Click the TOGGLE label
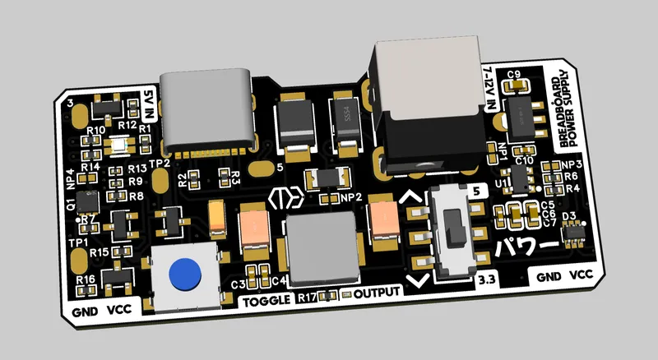267,300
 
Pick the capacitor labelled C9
517,85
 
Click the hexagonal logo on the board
285,200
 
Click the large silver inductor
322,247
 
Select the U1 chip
523,178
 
